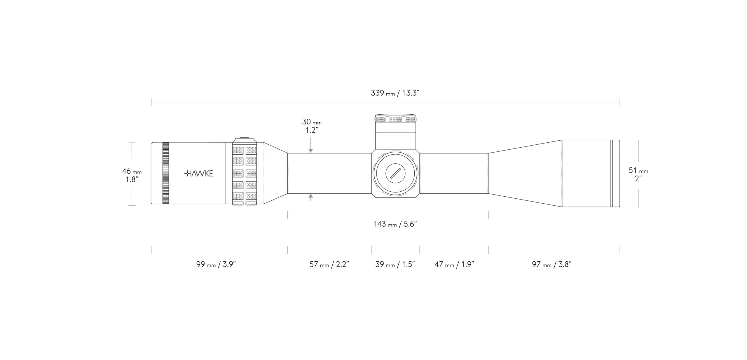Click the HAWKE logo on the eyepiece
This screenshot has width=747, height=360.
point(199,174)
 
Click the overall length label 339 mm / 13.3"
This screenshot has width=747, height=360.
point(395,93)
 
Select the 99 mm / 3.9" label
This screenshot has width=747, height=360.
point(216,265)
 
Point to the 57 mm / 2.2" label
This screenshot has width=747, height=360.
point(329,265)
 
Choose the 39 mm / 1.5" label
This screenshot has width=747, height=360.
point(395,265)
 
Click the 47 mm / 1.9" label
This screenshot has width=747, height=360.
point(454,265)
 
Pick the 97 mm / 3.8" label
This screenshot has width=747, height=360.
point(552,265)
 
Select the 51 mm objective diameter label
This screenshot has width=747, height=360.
point(638,174)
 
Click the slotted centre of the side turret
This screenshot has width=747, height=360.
point(395,174)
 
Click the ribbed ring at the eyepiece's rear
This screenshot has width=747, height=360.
point(165,173)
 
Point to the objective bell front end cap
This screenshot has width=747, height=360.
point(615,174)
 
